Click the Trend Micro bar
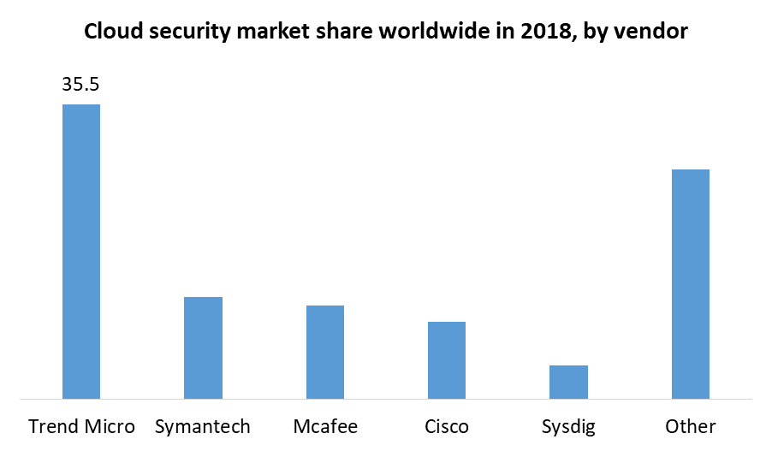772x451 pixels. pos(81,252)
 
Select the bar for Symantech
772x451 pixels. pos(203,347)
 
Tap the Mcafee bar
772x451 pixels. pos(325,352)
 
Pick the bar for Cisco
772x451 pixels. pos(447,360)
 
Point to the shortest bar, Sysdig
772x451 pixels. pos(568,382)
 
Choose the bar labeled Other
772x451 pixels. pos(691,284)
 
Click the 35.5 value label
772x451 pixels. pos(81,85)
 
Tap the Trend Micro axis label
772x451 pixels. pos(81,426)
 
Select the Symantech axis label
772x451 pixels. pos(203,426)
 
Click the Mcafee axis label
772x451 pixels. pos(325,426)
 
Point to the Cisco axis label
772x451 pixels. pos(447,426)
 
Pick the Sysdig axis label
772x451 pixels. pos(568,426)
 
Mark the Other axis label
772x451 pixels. pos(691,426)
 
